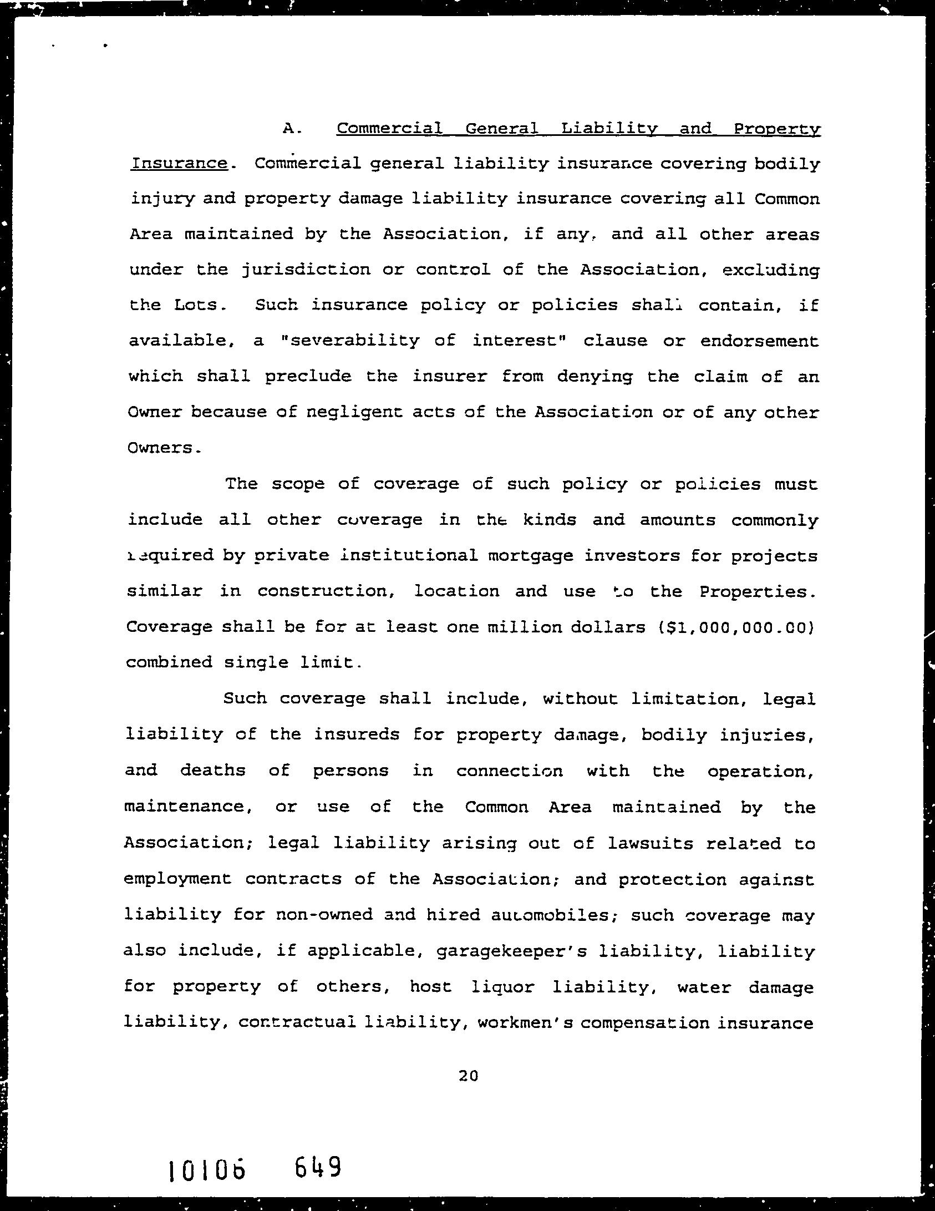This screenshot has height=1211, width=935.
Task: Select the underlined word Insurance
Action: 179,164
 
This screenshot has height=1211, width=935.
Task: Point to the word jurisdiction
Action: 306,270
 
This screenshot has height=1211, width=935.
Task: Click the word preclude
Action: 308,376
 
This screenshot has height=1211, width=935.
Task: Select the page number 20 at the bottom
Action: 468,1076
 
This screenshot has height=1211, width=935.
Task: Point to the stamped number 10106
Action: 206,1171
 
